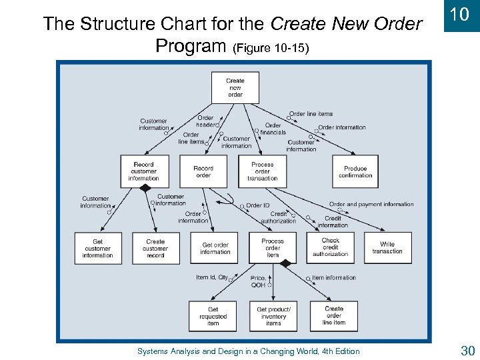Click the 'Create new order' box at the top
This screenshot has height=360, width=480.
pyautogui.click(x=235, y=88)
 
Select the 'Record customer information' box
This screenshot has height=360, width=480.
pyautogui.click(x=143, y=171)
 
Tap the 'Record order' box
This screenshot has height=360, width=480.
pyautogui.click(x=203, y=171)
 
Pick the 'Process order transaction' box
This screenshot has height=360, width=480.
pyautogui.click(x=262, y=171)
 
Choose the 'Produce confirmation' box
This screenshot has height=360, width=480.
pyautogui.click(x=355, y=171)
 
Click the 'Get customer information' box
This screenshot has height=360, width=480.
pyautogui.click(x=98, y=248)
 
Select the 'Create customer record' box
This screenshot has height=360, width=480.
pyautogui.click(x=155, y=248)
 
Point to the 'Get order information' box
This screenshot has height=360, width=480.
pyautogui.click(x=215, y=248)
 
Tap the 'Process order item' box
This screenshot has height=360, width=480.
pyautogui.click(x=272, y=248)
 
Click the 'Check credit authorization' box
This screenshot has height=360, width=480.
pyautogui.click(x=331, y=247)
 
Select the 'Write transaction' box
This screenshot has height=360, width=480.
pyautogui.click(x=387, y=248)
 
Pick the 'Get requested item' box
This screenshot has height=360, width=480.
pyautogui.click(x=213, y=316)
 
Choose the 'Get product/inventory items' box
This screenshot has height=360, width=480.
pyautogui.click(x=273, y=316)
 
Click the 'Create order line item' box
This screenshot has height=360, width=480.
pyautogui.click(x=334, y=316)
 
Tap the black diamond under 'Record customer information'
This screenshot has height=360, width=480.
pyautogui.click(x=144, y=189)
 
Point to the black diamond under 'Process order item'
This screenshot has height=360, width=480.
pyautogui.click(x=286, y=264)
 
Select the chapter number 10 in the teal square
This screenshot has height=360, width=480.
pyautogui.click(x=459, y=15)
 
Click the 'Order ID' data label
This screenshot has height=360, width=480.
pyautogui.click(x=258, y=205)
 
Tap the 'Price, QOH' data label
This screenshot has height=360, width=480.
pyautogui.click(x=258, y=281)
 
